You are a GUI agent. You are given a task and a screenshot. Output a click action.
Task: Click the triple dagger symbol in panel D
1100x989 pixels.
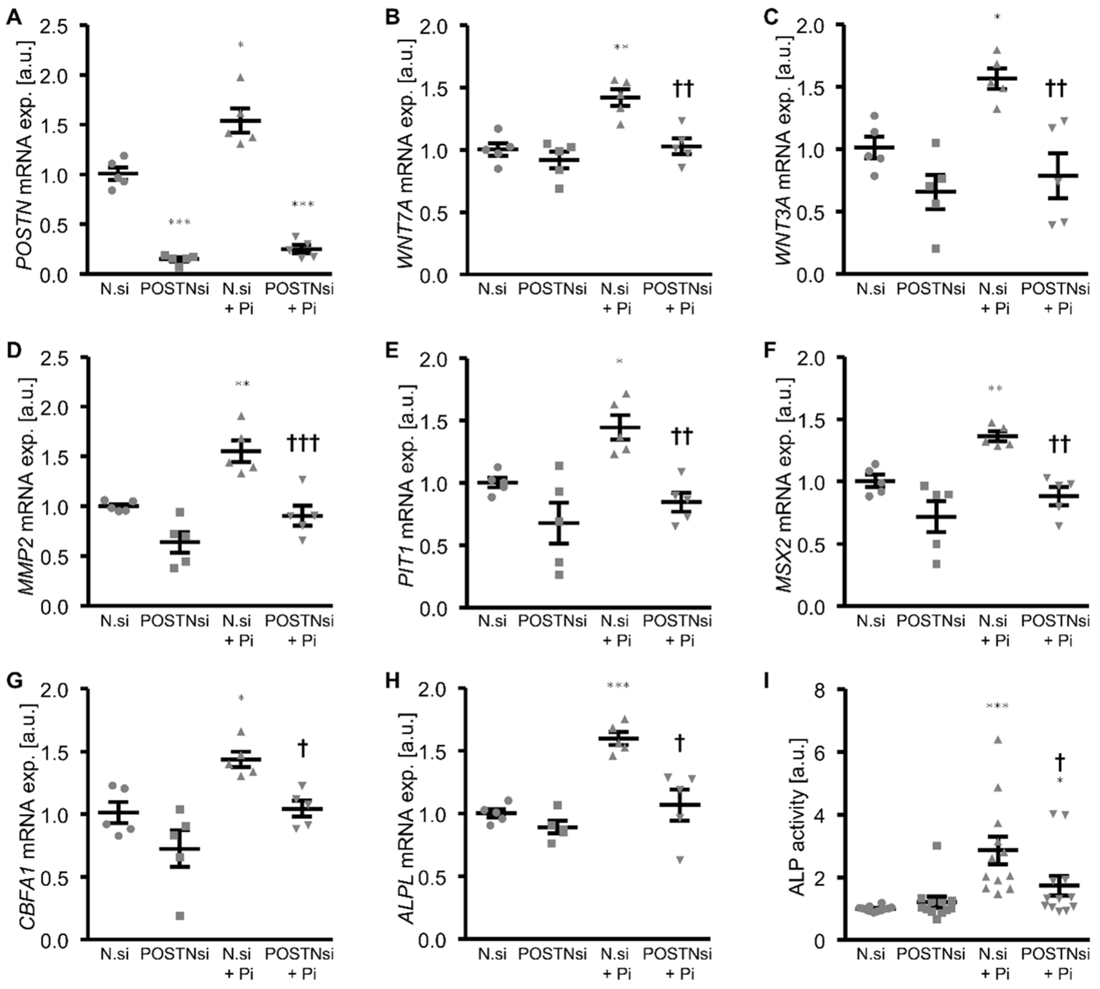302,444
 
